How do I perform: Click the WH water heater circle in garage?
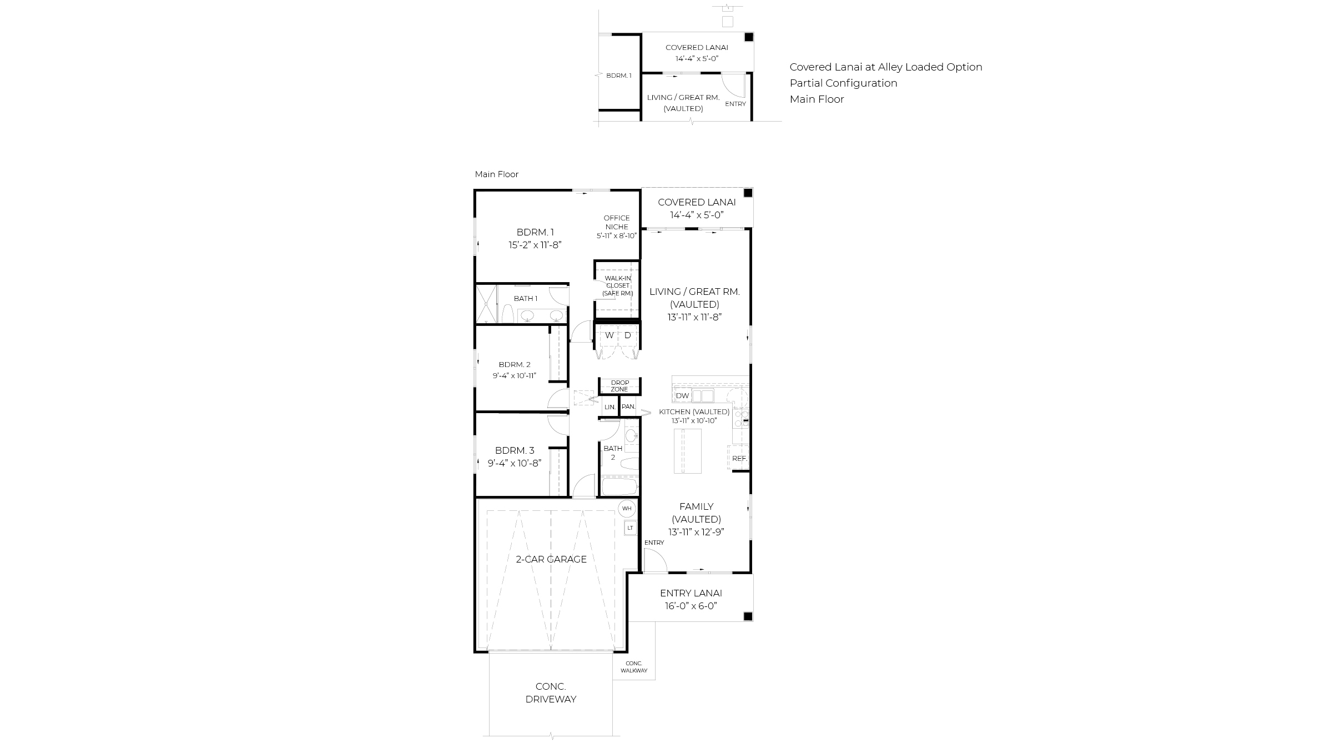(627, 508)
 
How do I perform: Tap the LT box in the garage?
(630, 528)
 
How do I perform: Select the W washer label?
(609, 335)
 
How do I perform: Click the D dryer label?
(628, 335)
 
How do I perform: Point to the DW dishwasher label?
(682, 396)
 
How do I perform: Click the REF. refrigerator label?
(739, 459)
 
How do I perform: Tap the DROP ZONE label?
(619, 386)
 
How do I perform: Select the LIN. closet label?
(610, 407)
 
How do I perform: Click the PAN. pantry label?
(628, 406)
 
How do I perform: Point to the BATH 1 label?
(525, 299)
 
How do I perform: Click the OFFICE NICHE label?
(617, 222)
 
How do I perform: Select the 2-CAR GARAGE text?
(551, 559)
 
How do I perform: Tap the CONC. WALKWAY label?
(634, 667)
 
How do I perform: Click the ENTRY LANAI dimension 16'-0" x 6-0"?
(691, 606)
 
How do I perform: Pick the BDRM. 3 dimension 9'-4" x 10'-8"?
(515, 463)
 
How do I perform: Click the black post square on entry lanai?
(748, 616)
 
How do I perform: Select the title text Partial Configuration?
(843, 83)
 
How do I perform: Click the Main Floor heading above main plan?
(496, 174)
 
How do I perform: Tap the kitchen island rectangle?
(687, 451)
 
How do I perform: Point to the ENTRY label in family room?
(654, 543)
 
